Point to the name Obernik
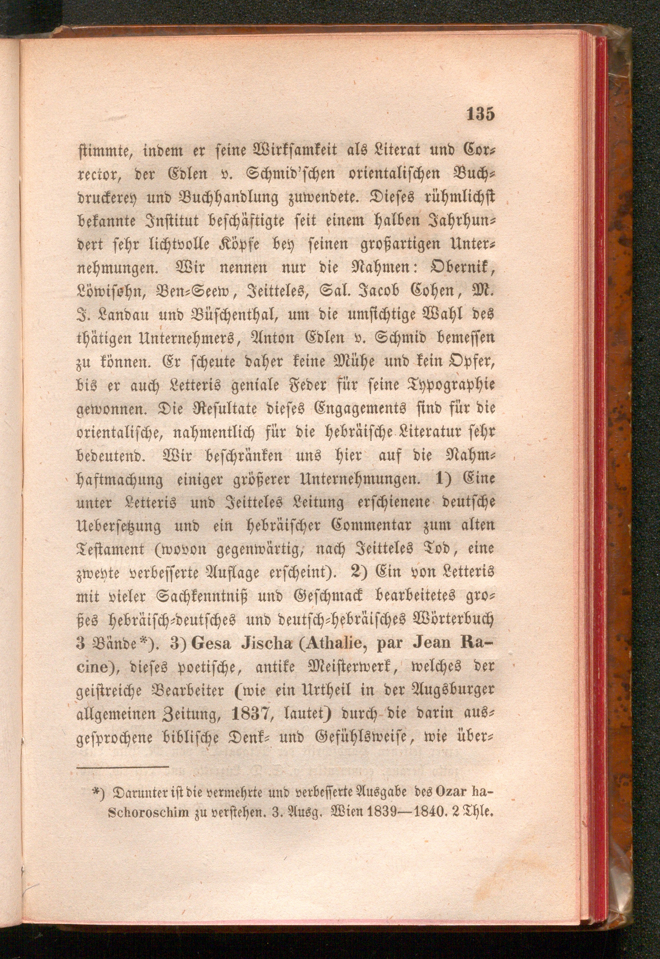454,268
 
